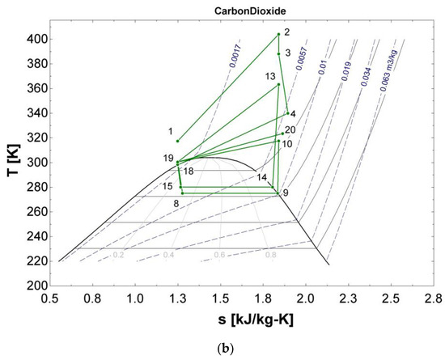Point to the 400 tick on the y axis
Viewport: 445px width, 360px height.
(34, 39)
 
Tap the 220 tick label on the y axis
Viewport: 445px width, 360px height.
(34, 260)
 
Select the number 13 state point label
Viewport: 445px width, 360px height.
(270, 76)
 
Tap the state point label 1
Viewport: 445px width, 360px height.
(171, 131)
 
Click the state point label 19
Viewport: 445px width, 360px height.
(168, 158)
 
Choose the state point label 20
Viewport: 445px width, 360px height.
(290, 129)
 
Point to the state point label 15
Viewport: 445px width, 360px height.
(167, 187)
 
